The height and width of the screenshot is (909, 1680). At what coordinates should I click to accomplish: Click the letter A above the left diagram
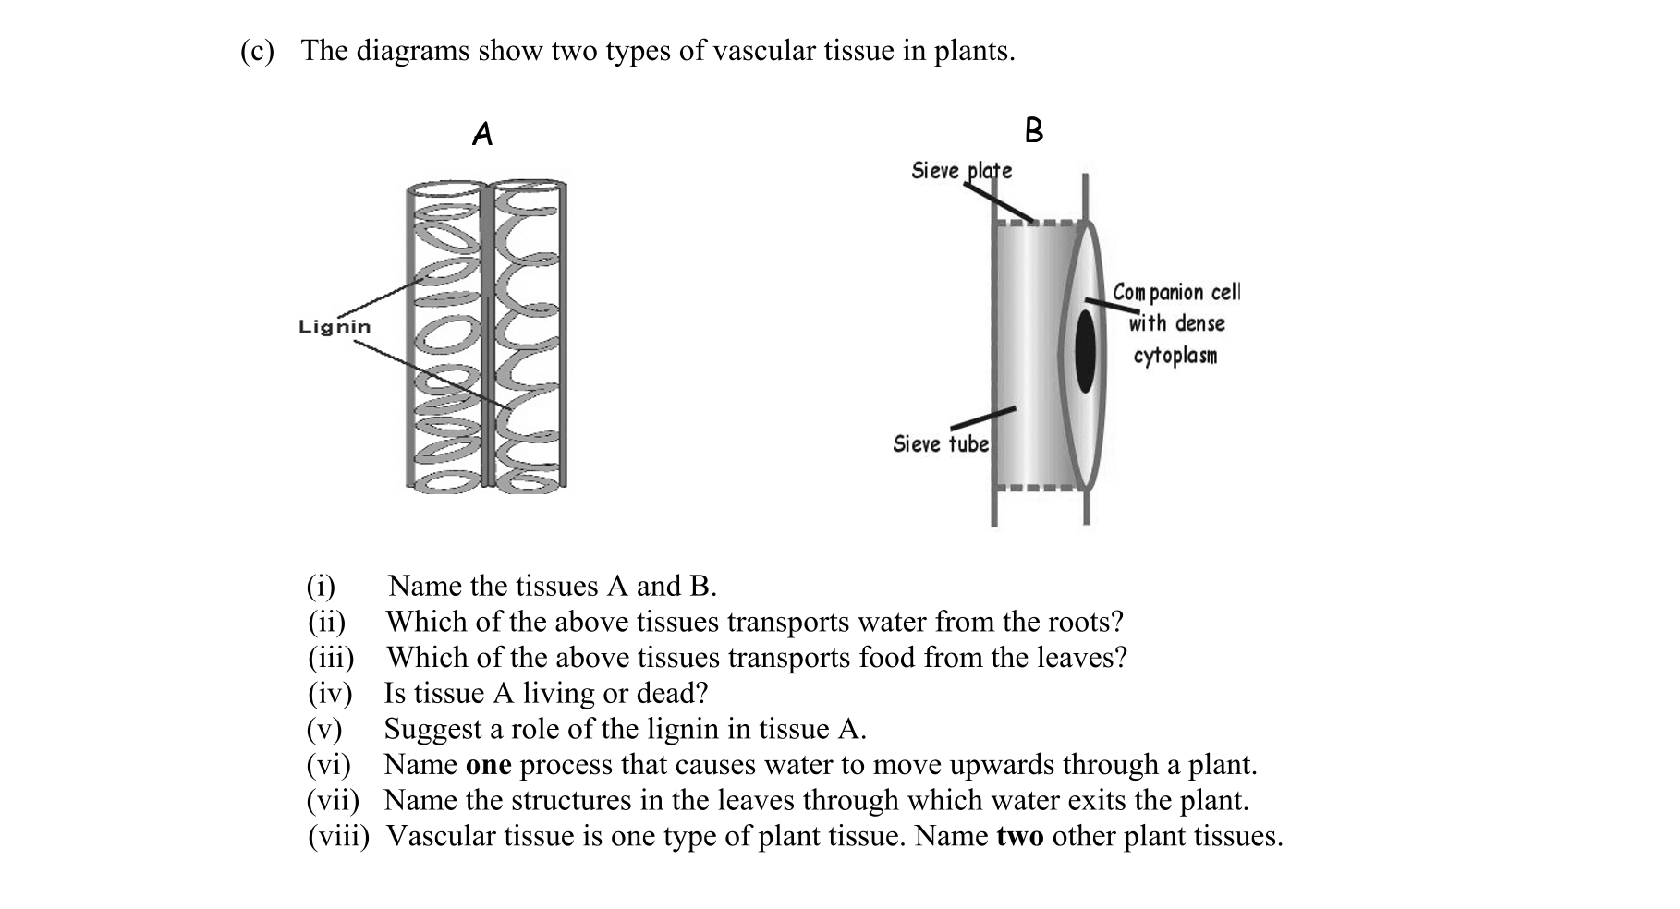click(482, 135)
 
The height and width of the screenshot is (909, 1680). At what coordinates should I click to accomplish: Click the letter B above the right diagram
click(1034, 130)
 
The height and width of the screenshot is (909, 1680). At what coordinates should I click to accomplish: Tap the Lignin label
click(335, 327)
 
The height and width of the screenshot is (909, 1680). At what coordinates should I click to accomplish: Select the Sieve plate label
click(961, 171)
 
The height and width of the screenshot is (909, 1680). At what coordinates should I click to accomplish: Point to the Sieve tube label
click(940, 444)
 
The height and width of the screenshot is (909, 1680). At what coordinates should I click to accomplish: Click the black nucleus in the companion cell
click(1085, 351)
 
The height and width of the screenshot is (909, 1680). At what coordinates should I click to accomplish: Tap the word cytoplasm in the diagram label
click(1175, 356)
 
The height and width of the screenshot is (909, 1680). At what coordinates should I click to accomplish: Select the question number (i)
click(321, 587)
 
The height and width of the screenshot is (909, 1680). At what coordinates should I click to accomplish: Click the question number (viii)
click(338, 837)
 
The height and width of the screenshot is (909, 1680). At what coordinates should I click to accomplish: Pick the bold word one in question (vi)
click(488, 766)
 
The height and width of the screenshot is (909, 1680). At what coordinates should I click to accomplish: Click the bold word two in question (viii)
click(1019, 837)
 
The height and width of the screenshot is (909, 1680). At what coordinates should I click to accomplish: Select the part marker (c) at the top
click(257, 51)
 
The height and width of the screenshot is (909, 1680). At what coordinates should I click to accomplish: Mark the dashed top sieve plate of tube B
click(1035, 223)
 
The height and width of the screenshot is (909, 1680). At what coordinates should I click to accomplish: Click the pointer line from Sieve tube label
click(983, 418)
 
